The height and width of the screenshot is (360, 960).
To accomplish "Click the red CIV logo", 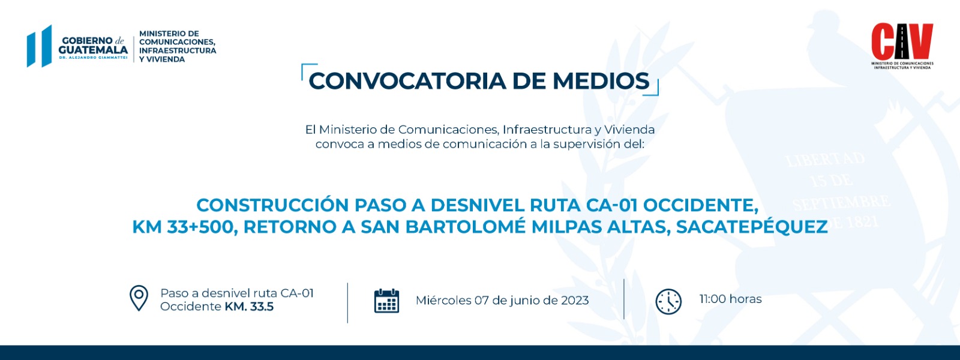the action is coord(902,41).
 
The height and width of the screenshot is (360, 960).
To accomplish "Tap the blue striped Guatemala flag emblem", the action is coord(40,46).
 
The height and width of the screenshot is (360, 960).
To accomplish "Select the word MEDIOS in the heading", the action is coord(601,81).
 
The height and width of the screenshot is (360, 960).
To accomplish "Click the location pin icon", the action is coord(139,298).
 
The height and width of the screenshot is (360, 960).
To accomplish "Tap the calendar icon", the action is coord(386,301).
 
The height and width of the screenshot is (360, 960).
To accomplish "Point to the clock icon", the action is coord(668,301).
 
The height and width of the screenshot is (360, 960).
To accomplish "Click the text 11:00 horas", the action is coord(730,299).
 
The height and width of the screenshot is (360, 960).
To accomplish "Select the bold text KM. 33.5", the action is coord(249,307).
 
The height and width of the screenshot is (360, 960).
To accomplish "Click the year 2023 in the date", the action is coord(574,300).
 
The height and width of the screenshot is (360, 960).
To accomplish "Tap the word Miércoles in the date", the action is coord(443,300).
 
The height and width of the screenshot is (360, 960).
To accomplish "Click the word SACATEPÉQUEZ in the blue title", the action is coord(752,226).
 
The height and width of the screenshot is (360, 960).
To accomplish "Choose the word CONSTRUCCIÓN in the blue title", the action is coord(272,205).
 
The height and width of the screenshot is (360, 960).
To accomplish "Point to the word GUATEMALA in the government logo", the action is coord(93,50).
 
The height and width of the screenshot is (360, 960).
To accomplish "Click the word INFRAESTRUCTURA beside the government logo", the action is coord(178,50).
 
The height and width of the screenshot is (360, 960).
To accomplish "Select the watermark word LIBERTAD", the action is coord(826,160).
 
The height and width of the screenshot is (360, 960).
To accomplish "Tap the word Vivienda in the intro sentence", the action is coord(629,130).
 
